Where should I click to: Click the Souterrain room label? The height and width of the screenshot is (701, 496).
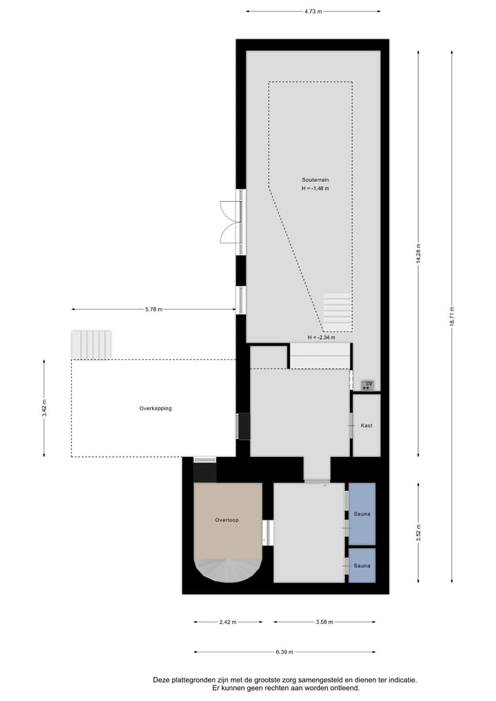coord(315,179)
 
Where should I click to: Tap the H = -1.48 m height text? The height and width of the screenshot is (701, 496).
coord(315,188)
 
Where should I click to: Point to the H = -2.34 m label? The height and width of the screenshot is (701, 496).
coord(321,337)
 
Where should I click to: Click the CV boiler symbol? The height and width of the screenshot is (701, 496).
coord(369,385)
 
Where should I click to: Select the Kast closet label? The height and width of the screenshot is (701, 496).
coord(366,425)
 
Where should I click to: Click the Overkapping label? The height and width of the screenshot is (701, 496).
coord(155,408)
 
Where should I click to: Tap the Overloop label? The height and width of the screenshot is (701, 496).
coord(227,520)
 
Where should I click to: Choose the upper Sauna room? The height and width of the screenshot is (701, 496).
coord(362,514)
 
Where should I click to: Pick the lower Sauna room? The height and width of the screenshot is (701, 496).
coord(362,565)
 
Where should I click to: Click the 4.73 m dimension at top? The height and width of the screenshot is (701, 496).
coord(313,12)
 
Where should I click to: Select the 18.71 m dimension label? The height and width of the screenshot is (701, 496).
coord(452,316)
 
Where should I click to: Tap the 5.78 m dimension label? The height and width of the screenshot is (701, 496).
coord(154,309)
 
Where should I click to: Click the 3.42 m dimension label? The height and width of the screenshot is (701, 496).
coord(44,407)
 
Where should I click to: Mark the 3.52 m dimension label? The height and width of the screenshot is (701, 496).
coord(418,533)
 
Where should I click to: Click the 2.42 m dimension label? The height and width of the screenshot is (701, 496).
coord(227,622)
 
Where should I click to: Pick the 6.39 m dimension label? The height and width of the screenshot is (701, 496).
coord(284,651)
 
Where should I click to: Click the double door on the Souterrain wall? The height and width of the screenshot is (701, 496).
coord(231,222)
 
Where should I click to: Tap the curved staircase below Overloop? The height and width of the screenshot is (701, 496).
coord(228,570)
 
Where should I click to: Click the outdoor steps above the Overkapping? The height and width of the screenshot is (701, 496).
coord(91,344)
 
